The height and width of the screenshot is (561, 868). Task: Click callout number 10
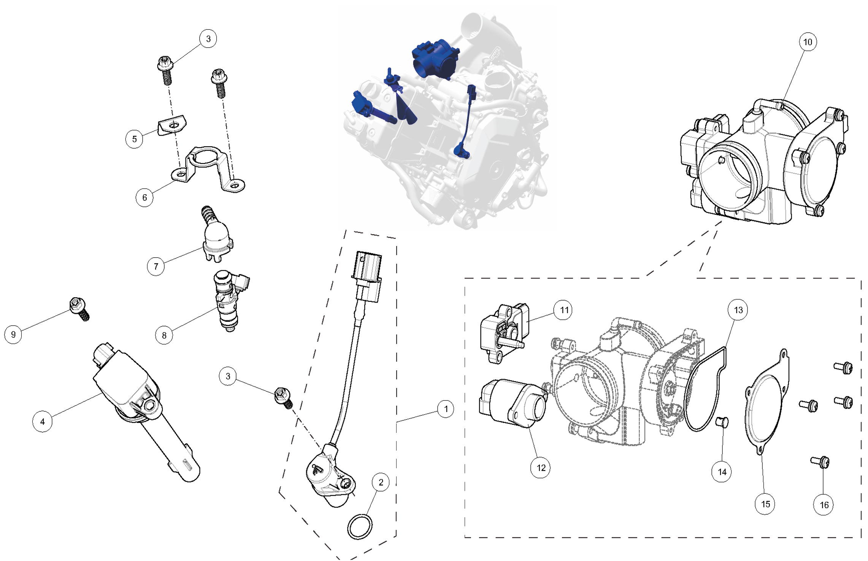[808, 42]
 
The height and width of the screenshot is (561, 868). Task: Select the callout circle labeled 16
[824, 505]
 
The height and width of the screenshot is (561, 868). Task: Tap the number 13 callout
[738, 310]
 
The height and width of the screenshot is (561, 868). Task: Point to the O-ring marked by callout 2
[360, 526]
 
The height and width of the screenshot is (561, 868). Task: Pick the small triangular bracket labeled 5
[172, 125]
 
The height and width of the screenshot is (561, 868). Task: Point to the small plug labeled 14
[721, 422]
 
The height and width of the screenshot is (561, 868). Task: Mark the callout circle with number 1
[446, 409]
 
